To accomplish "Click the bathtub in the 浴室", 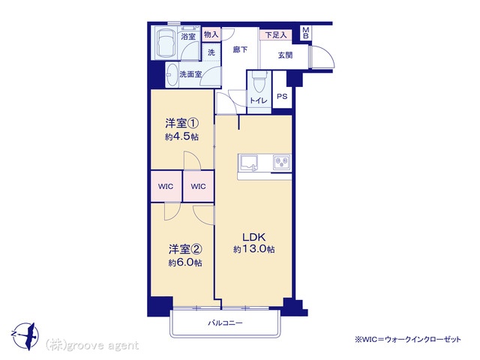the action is pos(165,43).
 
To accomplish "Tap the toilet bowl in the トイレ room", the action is pos(259,81).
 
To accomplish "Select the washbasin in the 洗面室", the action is pos(172,74).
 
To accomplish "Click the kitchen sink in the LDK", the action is pos(248,162).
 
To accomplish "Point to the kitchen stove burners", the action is pos(282,162).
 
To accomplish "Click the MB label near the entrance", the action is pos(306,33).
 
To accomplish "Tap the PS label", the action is pos(282,97).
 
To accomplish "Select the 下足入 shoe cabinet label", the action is pos(276,35).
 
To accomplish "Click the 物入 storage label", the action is pos(211,34).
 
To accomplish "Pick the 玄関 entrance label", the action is pos(285,55).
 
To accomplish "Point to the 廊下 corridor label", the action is pos(240,49).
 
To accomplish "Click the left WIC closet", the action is pos(166,186).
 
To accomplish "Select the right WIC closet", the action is pos(198,186).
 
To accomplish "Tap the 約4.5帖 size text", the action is pos(181,136).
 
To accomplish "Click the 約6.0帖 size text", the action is pos(185,262).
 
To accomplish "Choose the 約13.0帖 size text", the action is pos(253,249).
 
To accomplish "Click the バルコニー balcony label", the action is pos(225,323).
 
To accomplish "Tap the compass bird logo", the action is pos(25,336).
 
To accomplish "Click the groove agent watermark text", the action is pos(92,346).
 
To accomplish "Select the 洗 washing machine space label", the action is pos(211,52).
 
